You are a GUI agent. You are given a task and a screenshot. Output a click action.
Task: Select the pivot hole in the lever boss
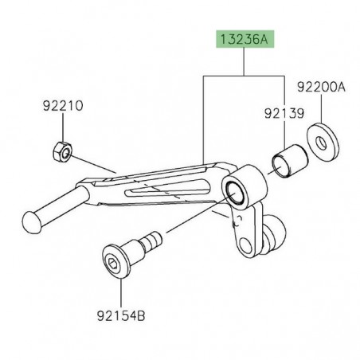click(x=236, y=193)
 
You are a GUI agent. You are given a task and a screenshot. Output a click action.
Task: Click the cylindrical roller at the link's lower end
click(x=273, y=231)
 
